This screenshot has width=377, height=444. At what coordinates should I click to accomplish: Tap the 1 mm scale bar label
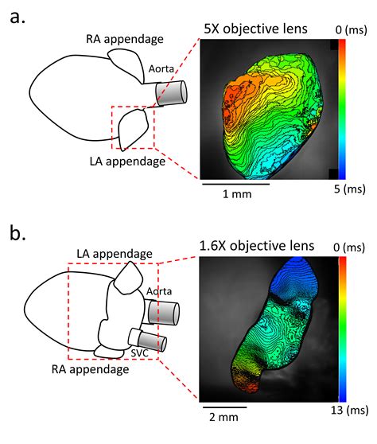(235, 197)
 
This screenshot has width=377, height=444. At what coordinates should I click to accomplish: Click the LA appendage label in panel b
(115, 253)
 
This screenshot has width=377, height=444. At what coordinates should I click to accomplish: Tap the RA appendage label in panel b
(90, 369)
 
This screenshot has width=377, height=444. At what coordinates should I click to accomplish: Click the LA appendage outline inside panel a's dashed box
(132, 127)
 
